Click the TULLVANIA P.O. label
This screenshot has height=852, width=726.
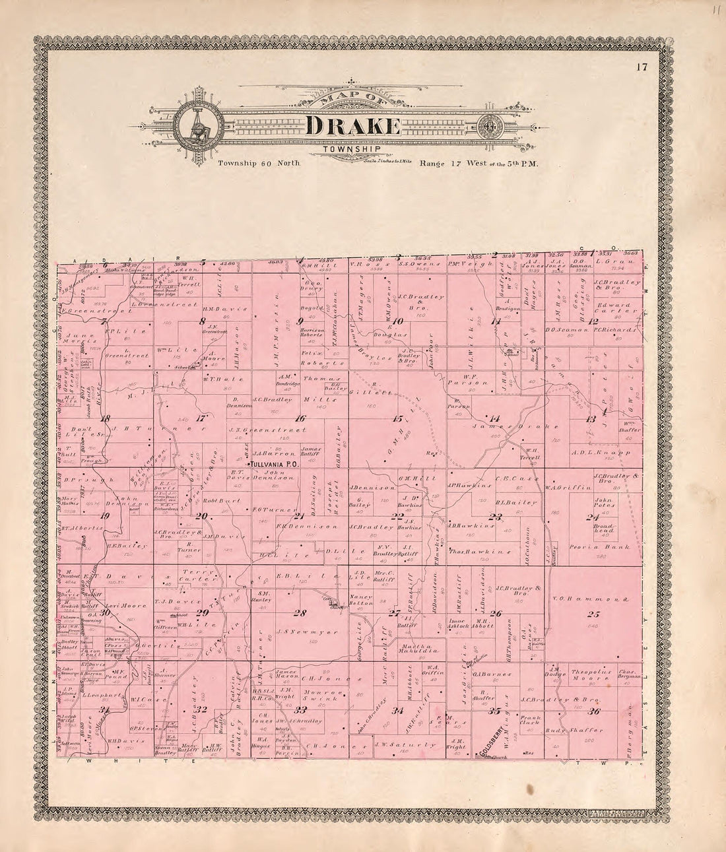coord(274,465)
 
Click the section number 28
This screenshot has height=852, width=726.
coord(300,613)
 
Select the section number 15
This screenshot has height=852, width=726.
coord(397,419)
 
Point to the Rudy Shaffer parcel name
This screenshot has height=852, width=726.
coord(584,730)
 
